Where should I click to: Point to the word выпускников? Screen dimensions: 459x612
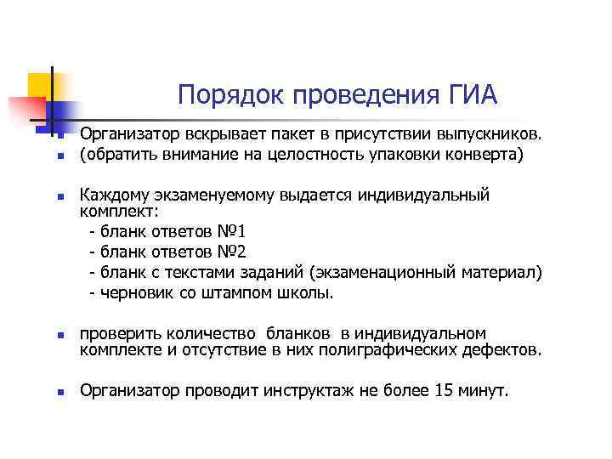(x=488, y=134)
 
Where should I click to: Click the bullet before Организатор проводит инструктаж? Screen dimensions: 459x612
(x=61, y=393)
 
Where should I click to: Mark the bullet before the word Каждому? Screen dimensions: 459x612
(x=61, y=196)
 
